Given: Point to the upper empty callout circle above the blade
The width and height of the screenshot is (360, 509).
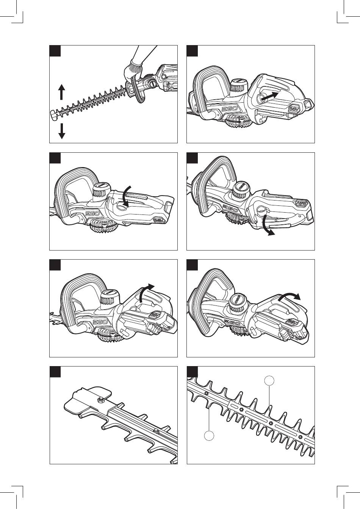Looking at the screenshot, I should (269, 381).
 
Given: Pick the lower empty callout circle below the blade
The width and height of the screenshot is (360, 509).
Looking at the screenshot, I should (209, 436).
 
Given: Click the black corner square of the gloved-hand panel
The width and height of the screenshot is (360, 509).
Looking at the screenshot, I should (55, 51).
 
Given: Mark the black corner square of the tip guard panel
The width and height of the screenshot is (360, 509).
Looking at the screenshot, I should (55, 372).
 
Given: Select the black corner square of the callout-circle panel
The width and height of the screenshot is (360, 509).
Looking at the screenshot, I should (193, 372).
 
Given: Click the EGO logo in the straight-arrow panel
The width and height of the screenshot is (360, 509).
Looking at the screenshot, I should (229, 108).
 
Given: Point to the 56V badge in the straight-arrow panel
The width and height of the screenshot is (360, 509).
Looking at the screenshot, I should (295, 108).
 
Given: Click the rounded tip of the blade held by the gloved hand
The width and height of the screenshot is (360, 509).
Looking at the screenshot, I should (53, 113).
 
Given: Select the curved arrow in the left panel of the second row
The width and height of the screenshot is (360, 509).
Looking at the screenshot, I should (127, 195).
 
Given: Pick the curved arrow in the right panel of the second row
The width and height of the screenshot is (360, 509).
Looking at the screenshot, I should (266, 227).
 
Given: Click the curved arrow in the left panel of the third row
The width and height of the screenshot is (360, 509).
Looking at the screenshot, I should (146, 291).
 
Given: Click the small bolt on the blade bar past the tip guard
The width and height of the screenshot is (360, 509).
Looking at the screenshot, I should (156, 430).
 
